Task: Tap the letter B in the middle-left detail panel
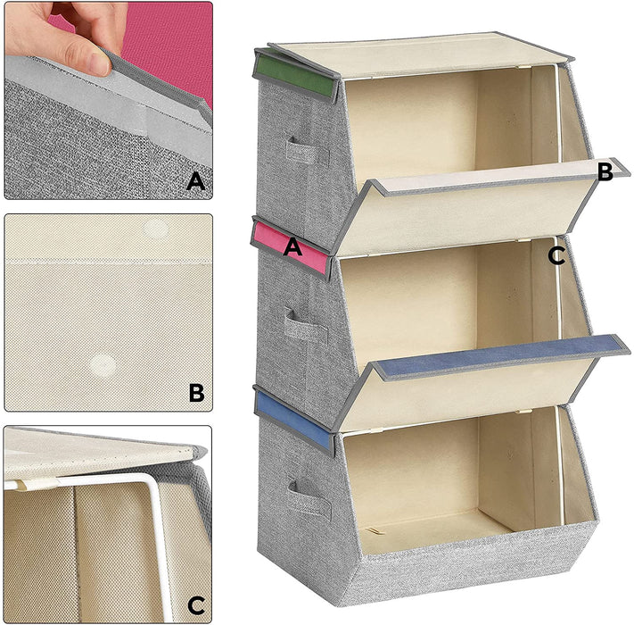click(197, 392)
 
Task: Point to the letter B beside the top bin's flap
click(605, 172)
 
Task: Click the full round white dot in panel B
click(104, 363)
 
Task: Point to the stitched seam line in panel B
click(107, 261)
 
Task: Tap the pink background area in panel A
click(169, 45)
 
